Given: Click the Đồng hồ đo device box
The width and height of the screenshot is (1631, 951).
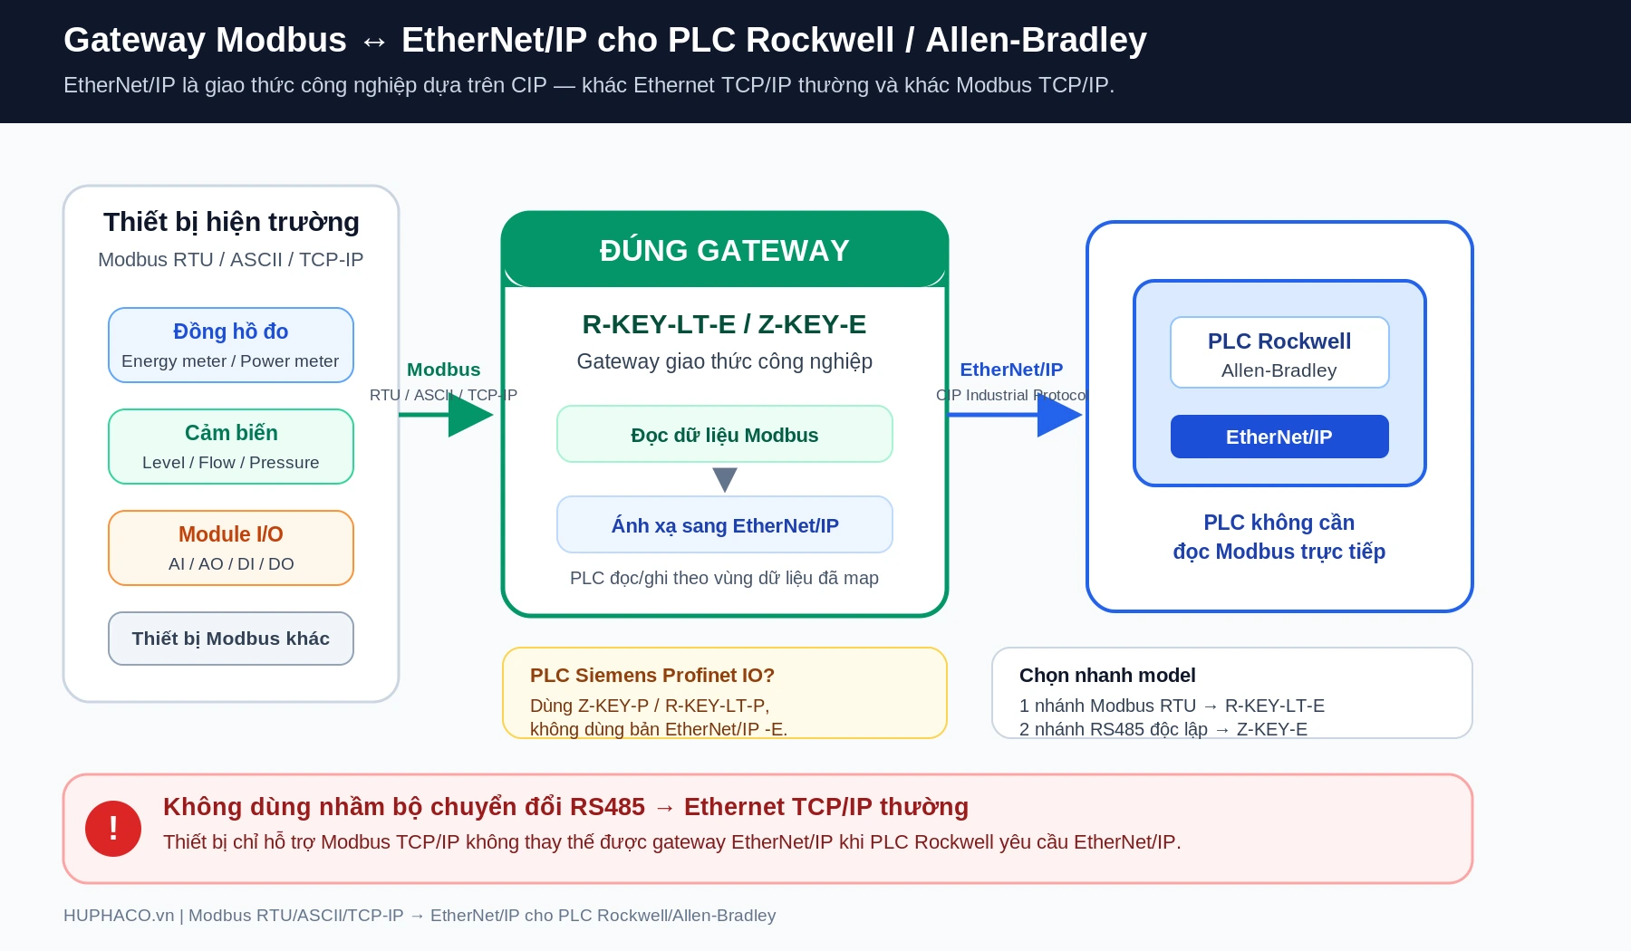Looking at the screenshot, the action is click(x=231, y=345).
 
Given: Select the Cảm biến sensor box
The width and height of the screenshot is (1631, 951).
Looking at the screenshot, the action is click(x=231, y=447).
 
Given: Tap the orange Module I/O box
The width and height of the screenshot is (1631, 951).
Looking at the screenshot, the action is click(x=231, y=548).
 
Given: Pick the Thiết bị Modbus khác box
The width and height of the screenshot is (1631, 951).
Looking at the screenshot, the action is click(x=231, y=639).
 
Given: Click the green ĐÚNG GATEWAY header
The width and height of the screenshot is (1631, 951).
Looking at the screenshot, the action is click(x=725, y=250).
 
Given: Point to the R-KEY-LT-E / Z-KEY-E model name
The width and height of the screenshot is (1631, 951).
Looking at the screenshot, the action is click(x=725, y=324).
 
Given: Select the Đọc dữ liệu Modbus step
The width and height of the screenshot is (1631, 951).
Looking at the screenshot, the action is click(x=725, y=434).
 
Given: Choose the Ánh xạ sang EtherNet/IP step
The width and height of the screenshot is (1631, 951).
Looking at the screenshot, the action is click(x=725, y=524).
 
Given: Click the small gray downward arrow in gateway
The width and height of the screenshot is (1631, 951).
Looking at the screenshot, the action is click(x=725, y=479).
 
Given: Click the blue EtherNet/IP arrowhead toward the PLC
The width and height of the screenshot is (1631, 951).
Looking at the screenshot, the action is click(x=1059, y=415).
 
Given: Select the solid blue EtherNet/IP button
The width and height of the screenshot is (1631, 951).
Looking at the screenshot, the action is click(x=1279, y=437).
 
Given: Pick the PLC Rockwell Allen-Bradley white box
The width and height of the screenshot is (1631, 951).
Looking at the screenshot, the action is click(x=1279, y=352).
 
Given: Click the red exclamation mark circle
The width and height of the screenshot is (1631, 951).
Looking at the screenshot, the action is click(x=113, y=829).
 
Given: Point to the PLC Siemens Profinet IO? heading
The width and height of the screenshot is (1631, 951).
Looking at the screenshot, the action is click(x=652, y=676).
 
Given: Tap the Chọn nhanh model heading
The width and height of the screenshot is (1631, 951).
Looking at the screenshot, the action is click(x=1107, y=676).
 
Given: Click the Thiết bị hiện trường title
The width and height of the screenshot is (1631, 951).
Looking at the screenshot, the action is click(x=231, y=222).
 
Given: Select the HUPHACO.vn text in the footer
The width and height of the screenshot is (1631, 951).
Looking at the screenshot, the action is click(x=119, y=916).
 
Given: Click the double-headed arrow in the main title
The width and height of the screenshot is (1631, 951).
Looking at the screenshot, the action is click(x=374, y=42).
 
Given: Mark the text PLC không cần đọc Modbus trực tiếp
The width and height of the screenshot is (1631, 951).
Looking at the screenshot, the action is click(x=1279, y=537).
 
